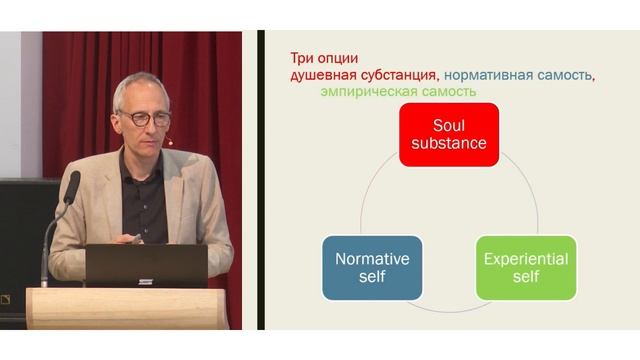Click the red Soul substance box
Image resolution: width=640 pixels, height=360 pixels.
coord(449,134)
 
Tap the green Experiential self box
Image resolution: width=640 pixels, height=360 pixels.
coord(526,267)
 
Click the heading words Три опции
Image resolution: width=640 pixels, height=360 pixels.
coord(324,57)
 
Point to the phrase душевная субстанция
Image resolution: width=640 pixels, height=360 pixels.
coord(363,74)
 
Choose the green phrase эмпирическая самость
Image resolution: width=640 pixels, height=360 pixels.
coord(397,91)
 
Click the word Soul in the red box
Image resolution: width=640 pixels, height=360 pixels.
coord(449,125)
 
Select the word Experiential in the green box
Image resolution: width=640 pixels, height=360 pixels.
coord(526,258)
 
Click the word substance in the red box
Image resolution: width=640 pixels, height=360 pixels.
coord(449,143)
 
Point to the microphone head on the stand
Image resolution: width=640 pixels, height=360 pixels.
coord(72,186)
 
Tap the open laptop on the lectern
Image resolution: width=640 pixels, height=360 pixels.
coord(146,266)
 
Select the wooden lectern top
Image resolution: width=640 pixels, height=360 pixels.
coord(130,296)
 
